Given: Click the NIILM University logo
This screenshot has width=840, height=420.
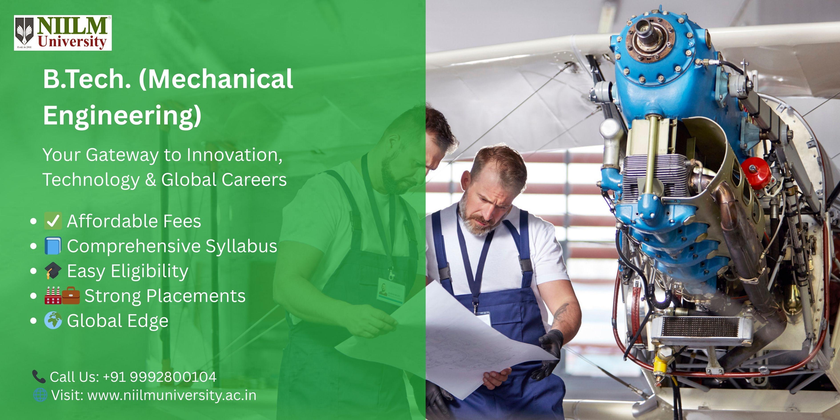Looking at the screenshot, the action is pos(63,33).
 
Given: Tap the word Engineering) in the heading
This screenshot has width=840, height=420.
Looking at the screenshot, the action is pos(122,115).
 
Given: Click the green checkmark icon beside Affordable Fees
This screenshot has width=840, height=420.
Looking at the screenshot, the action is pos(52,221).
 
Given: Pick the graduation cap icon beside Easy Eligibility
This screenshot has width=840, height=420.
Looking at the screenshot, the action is pos(52,271).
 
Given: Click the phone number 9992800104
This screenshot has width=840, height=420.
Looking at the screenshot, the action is pos(173,377).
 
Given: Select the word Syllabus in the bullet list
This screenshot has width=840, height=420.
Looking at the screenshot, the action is pos(241,246).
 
